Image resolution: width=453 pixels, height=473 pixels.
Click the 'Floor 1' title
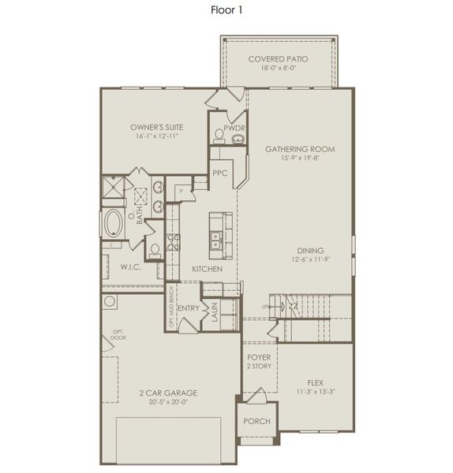click(x=226, y=10)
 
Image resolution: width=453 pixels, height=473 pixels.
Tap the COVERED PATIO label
click(x=278, y=59)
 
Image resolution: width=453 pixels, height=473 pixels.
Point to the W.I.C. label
click(x=130, y=267)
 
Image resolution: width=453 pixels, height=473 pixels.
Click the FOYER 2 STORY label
click(x=258, y=361)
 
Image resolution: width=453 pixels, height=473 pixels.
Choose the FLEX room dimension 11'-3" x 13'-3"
click(x=316, y=391)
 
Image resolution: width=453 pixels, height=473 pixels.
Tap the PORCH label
click(x=256, y=421)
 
